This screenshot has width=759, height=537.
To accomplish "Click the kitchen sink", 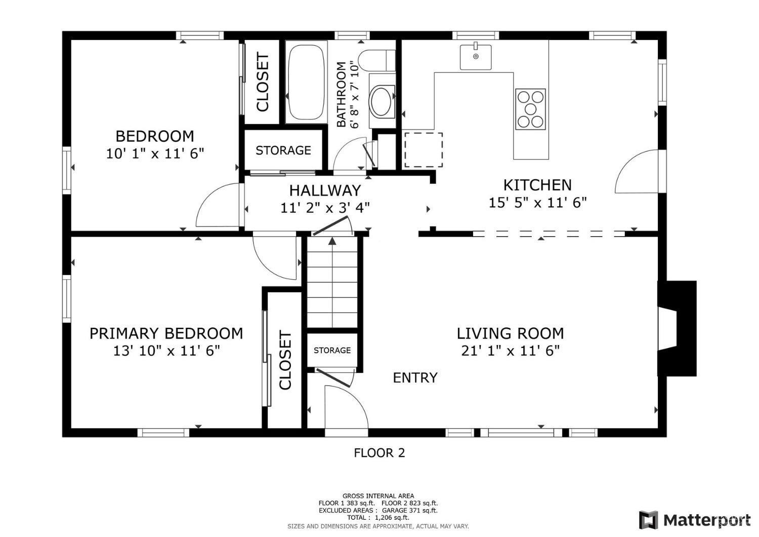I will click(476, 57).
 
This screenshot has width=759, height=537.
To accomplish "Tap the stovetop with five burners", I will click(530, 109).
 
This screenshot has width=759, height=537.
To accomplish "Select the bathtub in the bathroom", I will click(305, 82).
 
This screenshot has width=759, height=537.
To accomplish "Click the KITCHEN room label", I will click(537, 185).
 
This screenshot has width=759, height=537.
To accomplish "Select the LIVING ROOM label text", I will click(510, 333).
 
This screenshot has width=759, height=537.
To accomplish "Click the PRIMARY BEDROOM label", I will click(166, 333).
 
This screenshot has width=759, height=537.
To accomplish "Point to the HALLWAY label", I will click(325, 190).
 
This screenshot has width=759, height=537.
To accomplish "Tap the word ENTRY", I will click(415, 377).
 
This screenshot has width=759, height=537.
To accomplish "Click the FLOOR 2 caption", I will click(379, 453).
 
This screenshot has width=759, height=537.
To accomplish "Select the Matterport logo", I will click(695, 520).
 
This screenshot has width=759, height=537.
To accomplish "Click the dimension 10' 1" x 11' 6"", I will click(155, 154).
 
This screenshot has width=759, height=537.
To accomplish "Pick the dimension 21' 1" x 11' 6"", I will click(510, 351).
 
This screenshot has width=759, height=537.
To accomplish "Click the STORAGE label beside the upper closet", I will click(283, 150).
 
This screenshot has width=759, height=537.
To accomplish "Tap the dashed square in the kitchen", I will click(423, 150).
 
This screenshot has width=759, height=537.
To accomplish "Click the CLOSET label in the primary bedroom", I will click(285, 360).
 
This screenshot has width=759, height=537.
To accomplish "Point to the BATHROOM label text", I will click(342, 94).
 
